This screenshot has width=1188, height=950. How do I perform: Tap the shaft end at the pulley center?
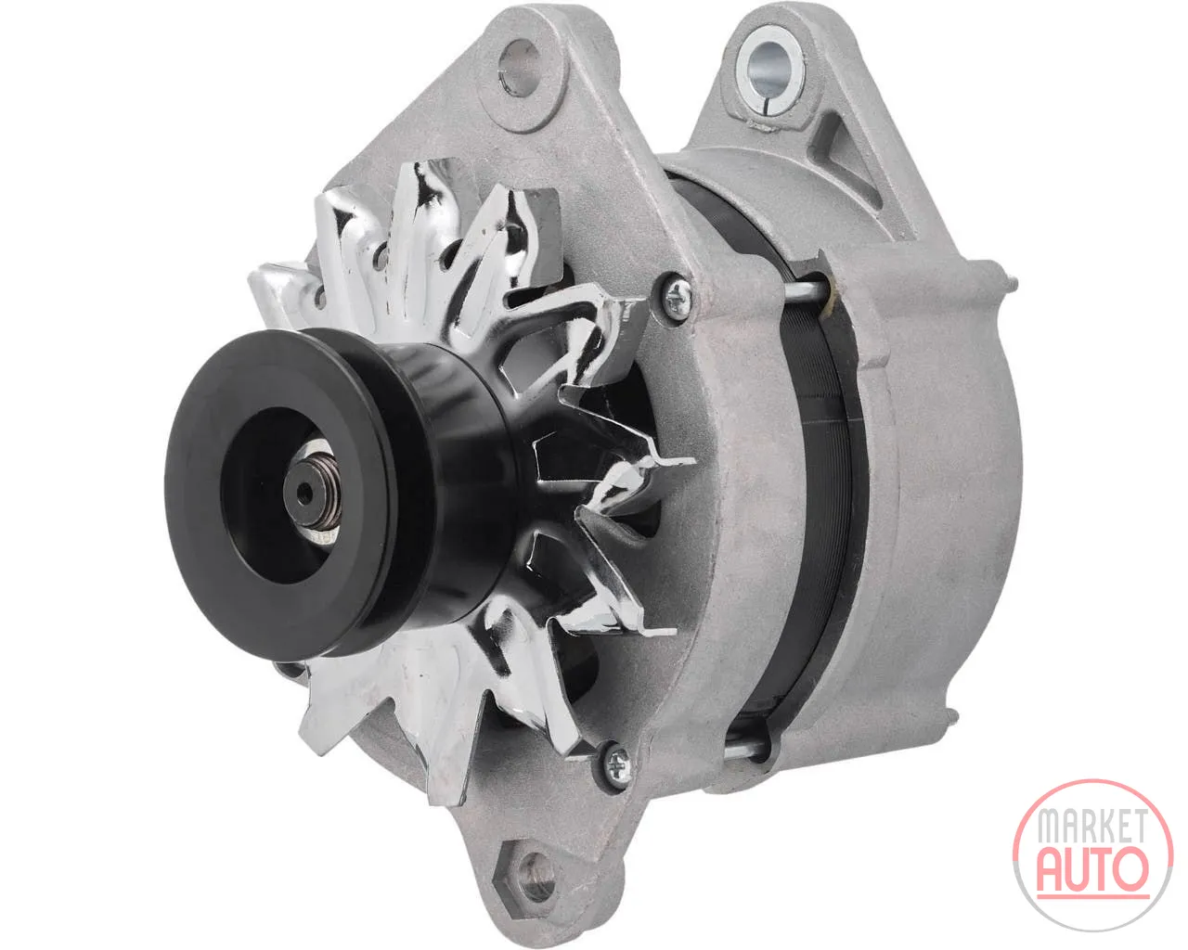click(x=303, y=493)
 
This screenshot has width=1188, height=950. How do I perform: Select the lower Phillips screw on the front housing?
click(x=618, y=763)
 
